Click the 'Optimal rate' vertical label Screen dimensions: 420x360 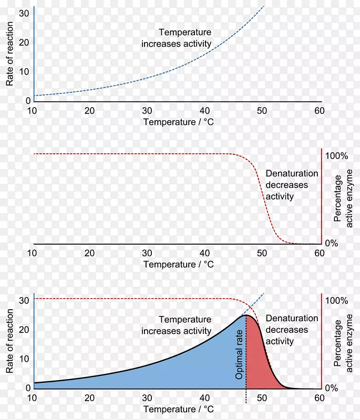(240, 355)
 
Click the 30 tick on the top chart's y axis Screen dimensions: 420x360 (22, 14)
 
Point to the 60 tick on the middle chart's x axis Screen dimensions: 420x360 (319, 253)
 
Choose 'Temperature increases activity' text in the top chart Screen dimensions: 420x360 (176, 38)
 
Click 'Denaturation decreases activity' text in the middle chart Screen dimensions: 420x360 (292, 185)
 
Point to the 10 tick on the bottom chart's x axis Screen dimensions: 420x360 (33, 398)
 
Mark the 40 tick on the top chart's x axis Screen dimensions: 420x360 (204, 111)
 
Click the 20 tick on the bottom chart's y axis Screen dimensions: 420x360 (22, 330)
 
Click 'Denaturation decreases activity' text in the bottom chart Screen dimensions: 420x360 (292, 330)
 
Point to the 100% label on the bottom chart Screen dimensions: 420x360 (337, 301)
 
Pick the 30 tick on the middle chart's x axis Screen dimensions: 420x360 (147, 253)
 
